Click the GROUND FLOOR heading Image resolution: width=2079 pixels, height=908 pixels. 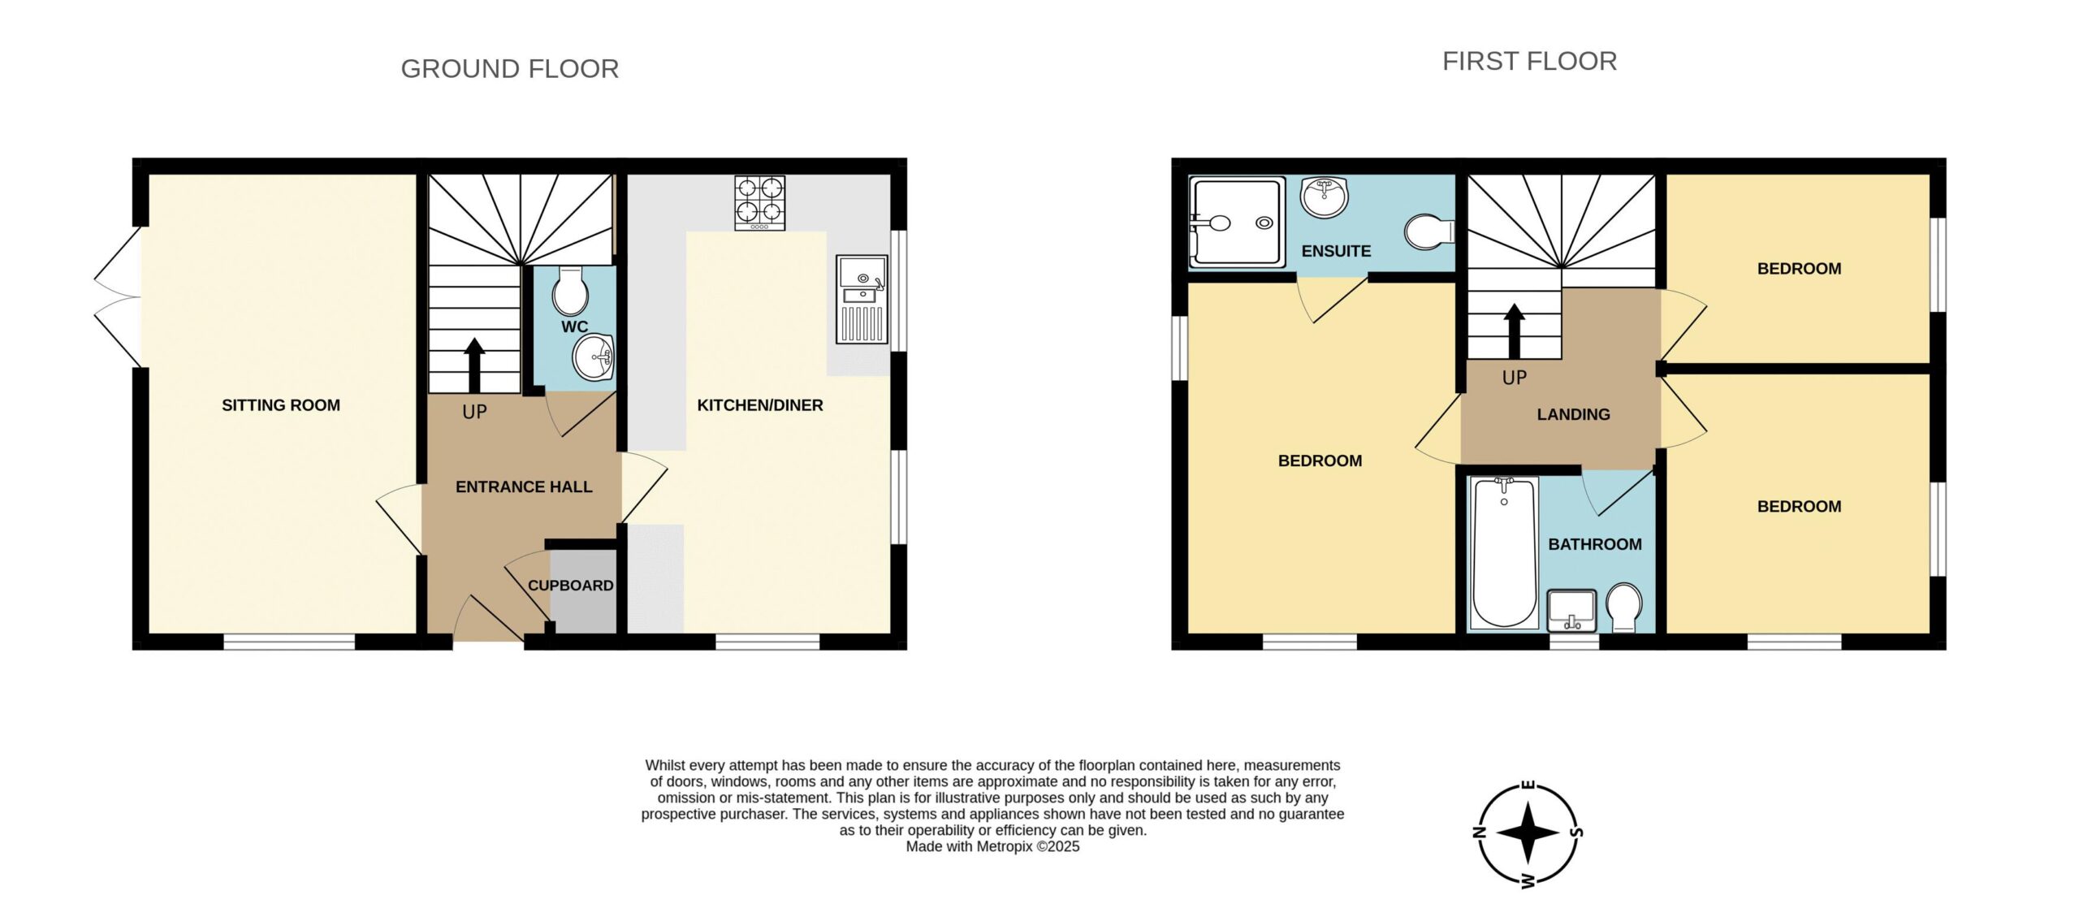510,69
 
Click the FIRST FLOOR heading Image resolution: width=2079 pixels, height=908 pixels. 1529,61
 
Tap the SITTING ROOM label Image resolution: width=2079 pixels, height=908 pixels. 281,405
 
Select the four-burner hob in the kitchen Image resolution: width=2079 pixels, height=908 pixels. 760,203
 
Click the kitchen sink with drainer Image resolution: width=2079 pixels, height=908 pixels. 862,300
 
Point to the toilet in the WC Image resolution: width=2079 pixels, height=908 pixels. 570,291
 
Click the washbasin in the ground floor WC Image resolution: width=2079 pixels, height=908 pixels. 594,357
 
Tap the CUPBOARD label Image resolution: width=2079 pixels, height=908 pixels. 571,586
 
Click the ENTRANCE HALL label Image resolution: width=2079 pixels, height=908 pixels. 524,487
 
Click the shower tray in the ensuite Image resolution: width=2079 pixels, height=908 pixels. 1237,222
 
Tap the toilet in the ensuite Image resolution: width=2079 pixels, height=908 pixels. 1429,231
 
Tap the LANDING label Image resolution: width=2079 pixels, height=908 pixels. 1573,415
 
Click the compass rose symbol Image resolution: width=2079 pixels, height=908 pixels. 1528,833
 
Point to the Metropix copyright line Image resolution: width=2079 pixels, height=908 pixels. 992,847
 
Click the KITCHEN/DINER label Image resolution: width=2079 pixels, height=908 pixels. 760,405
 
